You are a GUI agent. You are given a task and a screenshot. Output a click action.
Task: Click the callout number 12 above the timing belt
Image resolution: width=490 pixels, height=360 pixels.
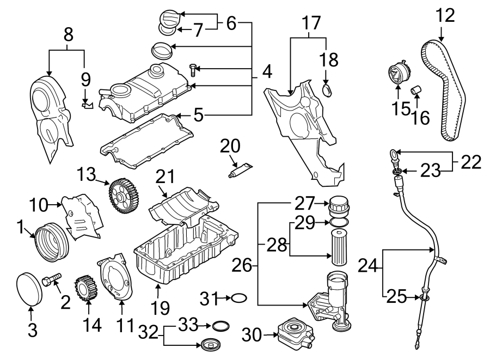[x=445, y=15]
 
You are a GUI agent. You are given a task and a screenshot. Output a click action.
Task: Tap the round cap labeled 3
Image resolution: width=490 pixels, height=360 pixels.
[x=30, y=286]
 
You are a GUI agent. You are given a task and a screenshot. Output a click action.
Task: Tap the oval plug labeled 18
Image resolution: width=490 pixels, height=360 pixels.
[x=327, y=90]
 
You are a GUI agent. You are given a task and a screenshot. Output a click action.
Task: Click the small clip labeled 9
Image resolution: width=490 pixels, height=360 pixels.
[x=86, y=103]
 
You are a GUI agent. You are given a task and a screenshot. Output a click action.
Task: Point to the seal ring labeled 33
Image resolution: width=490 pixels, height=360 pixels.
[x=220, y=326]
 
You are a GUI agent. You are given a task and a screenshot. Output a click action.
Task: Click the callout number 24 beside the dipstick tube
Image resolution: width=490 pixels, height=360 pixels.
[x=369, y=266]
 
